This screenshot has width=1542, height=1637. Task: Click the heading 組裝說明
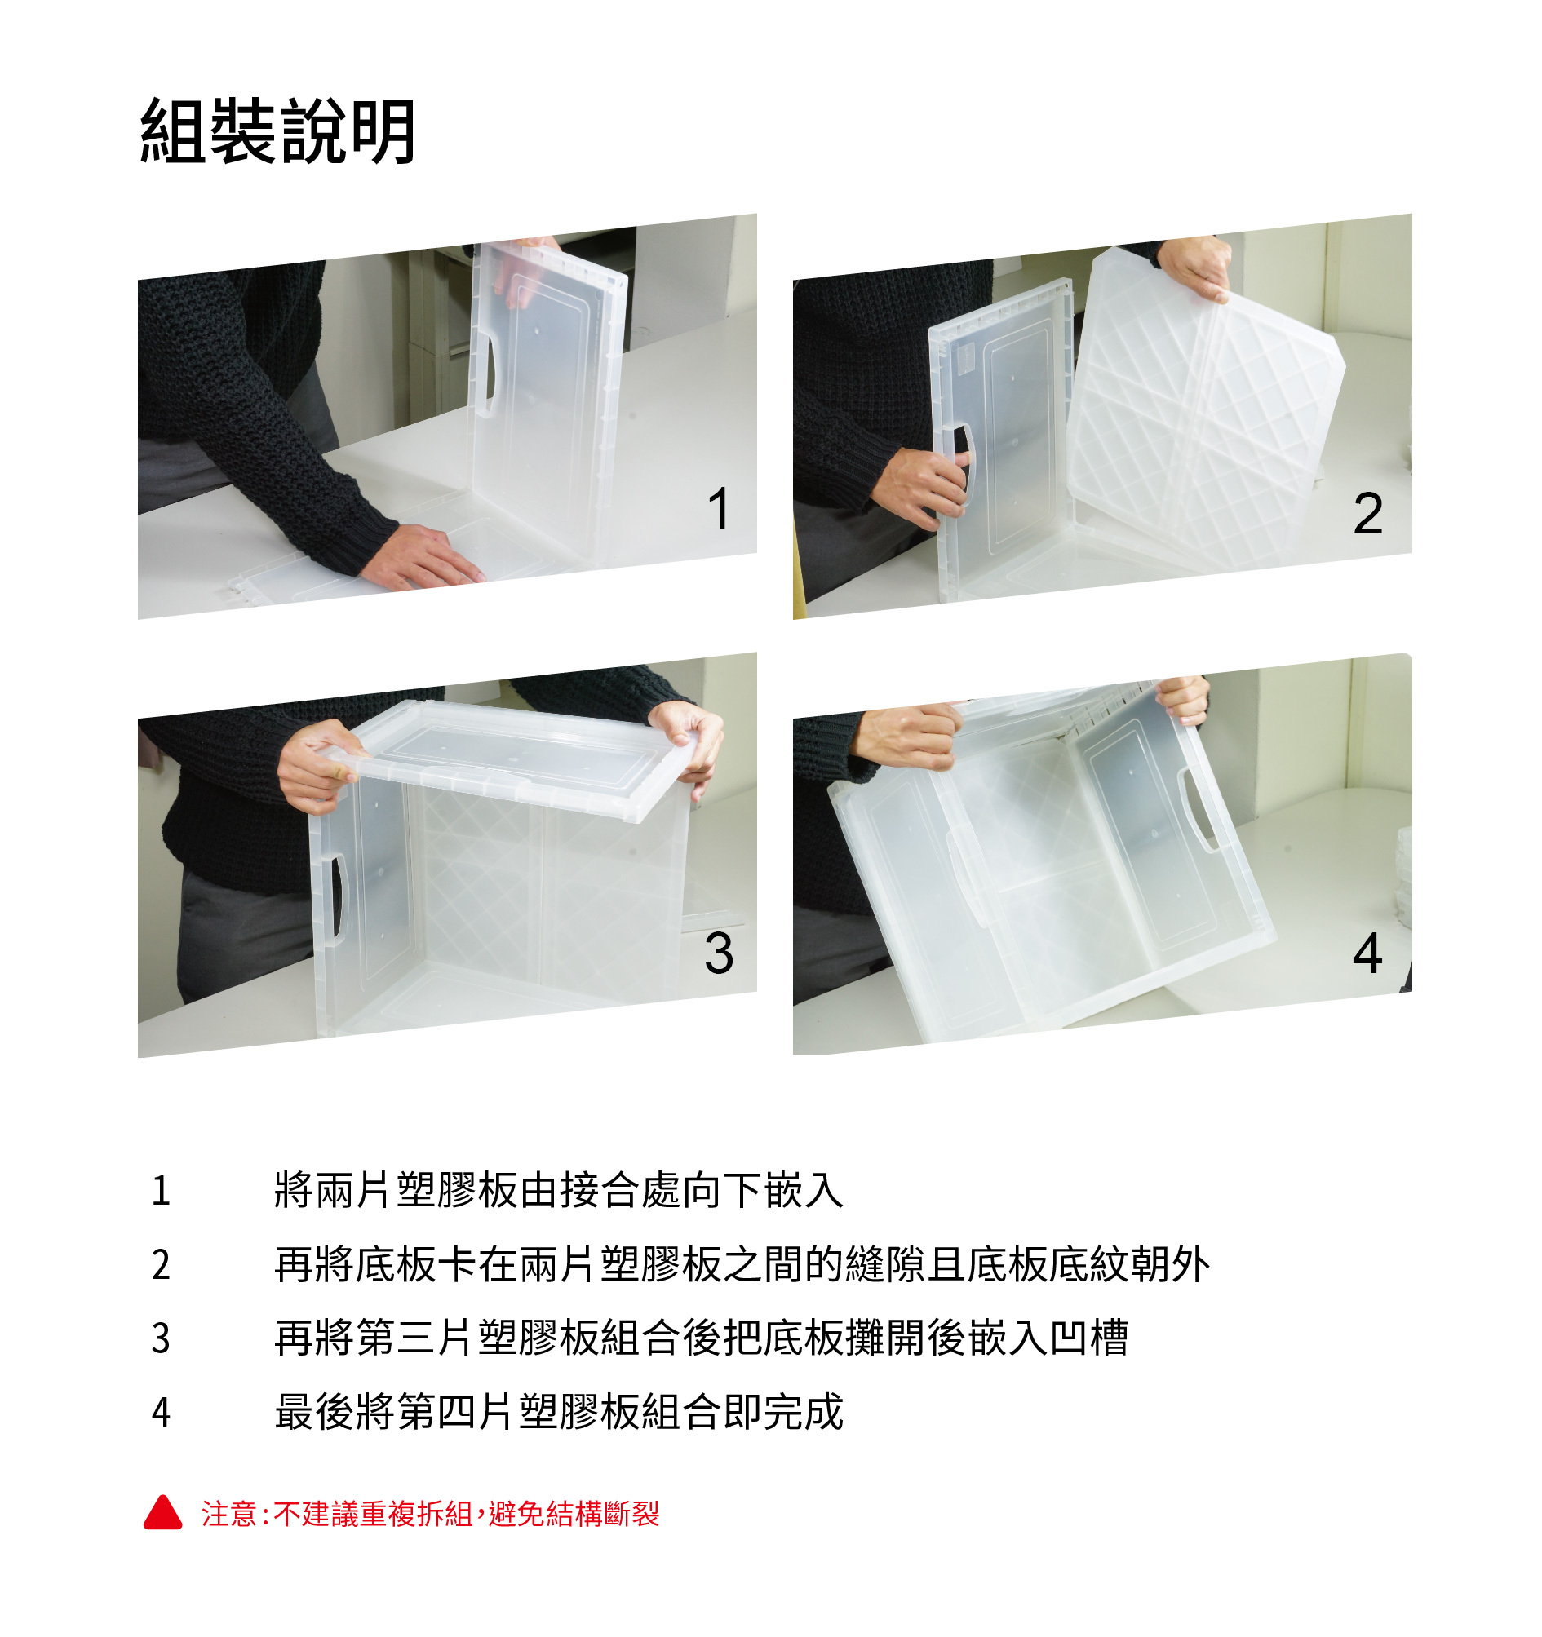(x=277, y=132)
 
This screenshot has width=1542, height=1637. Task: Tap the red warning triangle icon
(x=162, y=1513)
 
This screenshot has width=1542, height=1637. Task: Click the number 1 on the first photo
(x=718, y=508)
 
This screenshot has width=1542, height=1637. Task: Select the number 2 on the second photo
(x=1367, y=513)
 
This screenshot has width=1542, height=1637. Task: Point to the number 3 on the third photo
(x=718, y=953)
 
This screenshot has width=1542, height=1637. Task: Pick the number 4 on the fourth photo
(x=1367, y=953)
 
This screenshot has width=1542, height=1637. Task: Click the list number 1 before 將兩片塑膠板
(x=161, y=1191)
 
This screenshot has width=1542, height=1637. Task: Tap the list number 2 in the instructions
(x=161, y=1265)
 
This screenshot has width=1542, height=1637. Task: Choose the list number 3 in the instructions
(x=161, y=1338)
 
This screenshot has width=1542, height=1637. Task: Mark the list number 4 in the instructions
(x=161, y=1412)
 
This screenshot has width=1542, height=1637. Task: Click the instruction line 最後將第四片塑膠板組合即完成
(x=560, y=1411)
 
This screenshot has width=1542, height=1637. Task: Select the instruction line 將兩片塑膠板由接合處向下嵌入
(x=560, y=1191)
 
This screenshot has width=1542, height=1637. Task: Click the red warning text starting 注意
(x=430, y=1514)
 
